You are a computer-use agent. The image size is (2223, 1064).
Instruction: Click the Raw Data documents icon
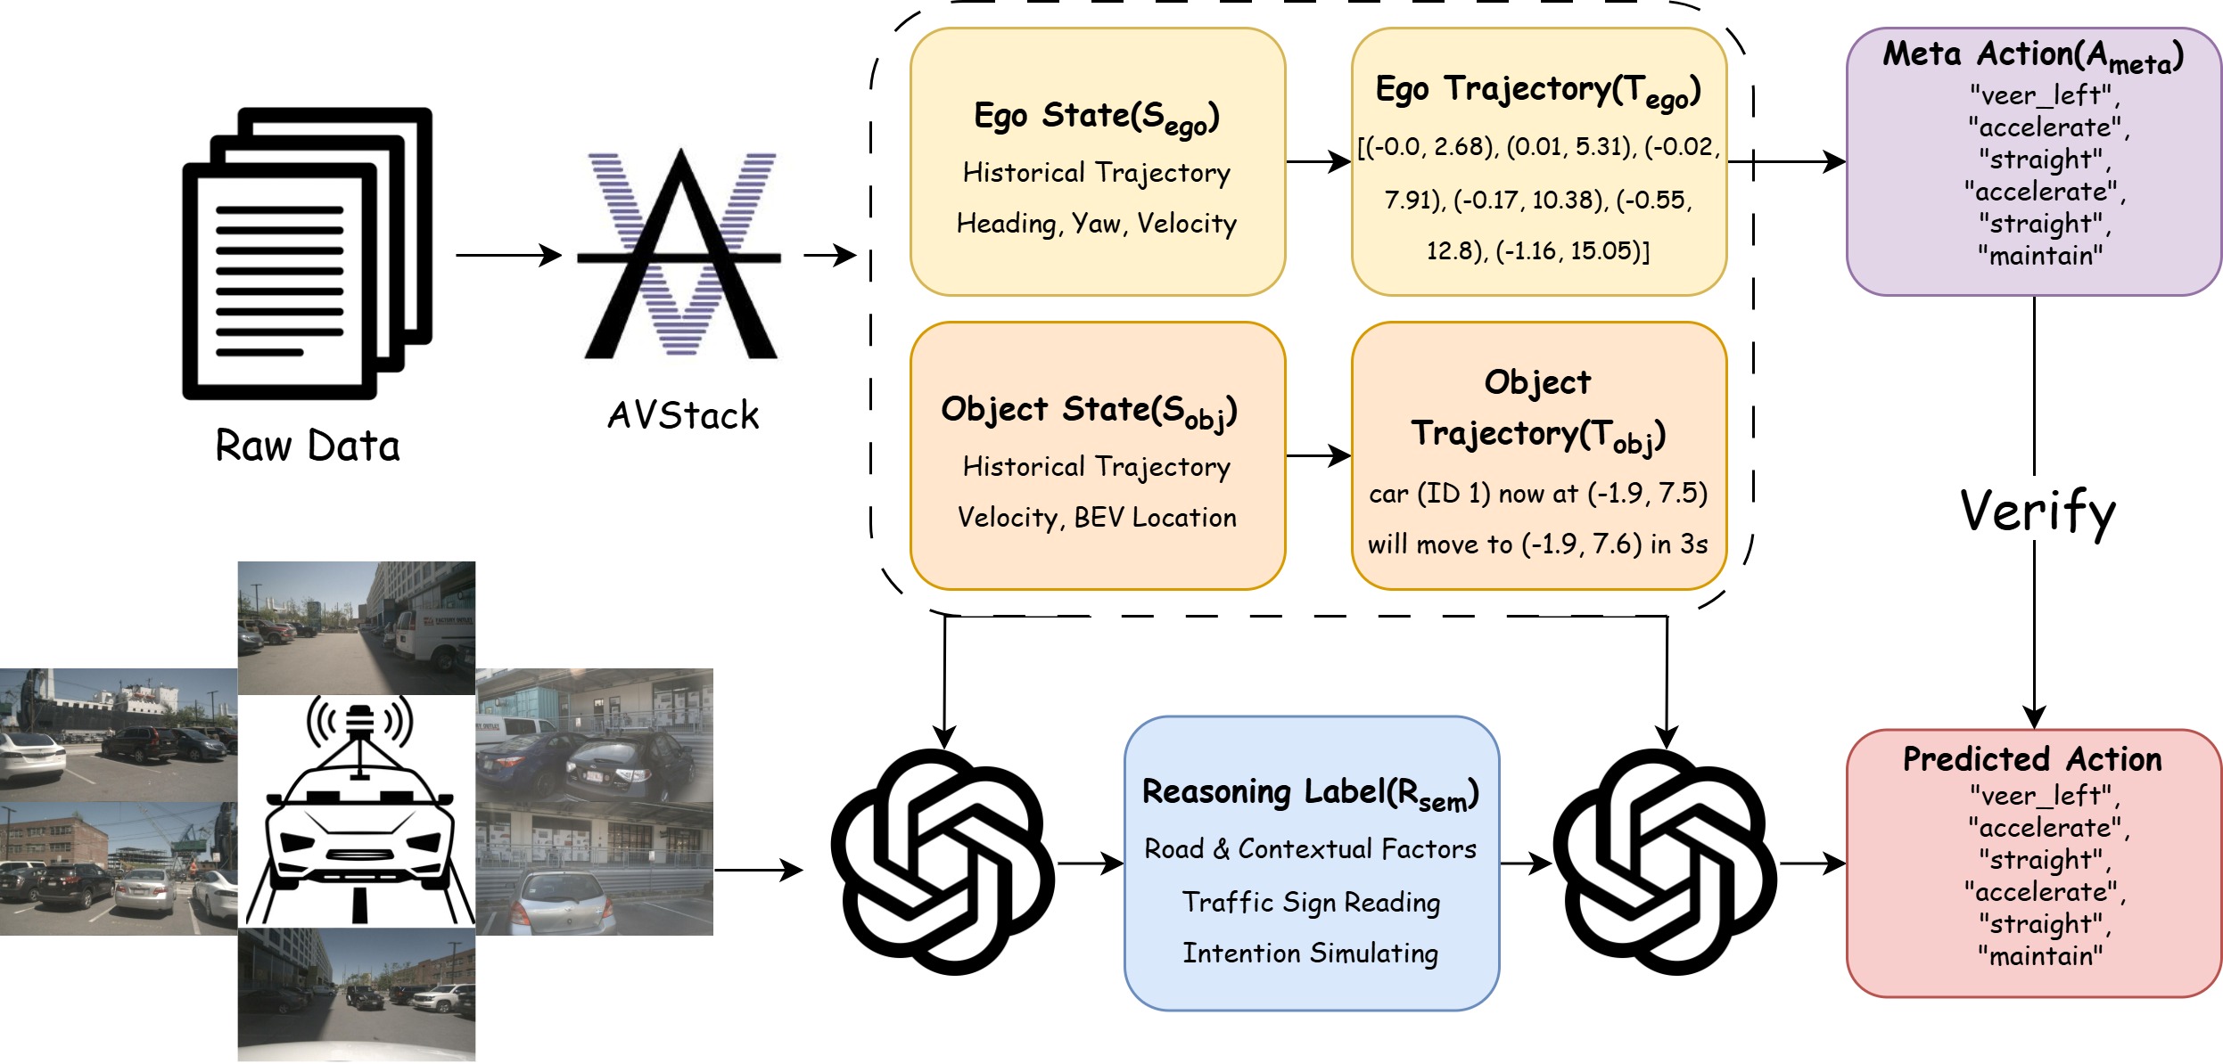coord(307,254)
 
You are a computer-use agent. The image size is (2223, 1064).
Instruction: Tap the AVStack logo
coord(681,254)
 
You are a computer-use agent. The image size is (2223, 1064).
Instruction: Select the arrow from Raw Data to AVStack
coord(508,256)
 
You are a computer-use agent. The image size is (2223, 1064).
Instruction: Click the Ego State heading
coord(1096,117)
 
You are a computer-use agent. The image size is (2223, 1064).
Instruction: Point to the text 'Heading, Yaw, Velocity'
coord(1096,223)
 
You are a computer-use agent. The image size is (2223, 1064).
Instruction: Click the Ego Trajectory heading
coord(1538,90)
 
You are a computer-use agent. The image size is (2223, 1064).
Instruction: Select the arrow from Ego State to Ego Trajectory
coord(1318,162)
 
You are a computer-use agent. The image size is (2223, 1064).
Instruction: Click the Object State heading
coord(1089,411)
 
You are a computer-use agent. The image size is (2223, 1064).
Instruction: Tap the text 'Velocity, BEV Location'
coord(1097,518)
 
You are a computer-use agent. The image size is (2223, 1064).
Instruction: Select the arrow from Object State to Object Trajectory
coord(1318,456)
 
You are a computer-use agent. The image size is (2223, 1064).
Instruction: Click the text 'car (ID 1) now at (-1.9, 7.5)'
coord(1538,493)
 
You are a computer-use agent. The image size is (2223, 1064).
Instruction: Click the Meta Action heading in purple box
coord(2033,55)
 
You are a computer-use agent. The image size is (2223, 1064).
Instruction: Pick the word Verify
coord(2038,512)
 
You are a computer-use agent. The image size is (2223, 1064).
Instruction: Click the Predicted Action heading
coord(2032,759)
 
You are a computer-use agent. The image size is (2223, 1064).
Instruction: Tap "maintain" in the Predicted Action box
coord(2040,956)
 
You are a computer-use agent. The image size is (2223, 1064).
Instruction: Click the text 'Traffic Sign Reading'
coord(1311,902)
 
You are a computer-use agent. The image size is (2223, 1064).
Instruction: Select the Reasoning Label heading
coord(1310,792)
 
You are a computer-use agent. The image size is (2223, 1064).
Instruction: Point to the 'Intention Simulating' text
coord(1310,953)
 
